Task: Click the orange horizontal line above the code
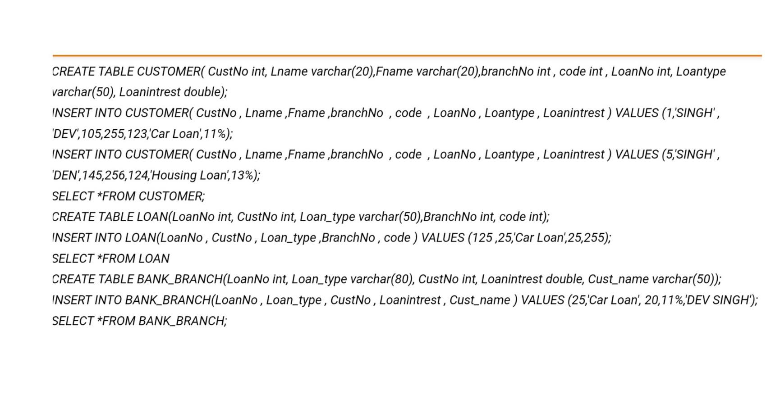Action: pos(406,55)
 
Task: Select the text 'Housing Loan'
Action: pos(189,175)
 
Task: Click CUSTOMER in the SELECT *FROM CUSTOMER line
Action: pos(171,196)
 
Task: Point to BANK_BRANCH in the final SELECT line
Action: pos(181,321)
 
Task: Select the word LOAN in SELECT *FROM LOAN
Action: pos(154,259)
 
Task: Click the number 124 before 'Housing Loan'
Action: pos(138,175)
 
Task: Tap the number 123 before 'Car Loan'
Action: pos(137,134)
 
